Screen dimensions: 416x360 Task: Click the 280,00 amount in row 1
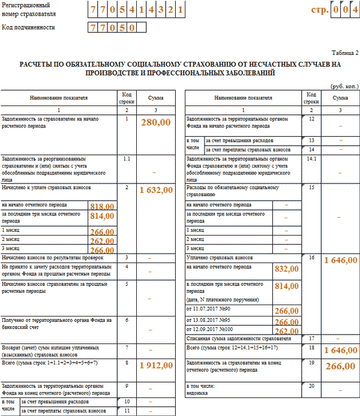tap(156, 122)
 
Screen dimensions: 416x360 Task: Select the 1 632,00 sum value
tap(156, 190)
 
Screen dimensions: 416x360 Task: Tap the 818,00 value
tap(101, 206)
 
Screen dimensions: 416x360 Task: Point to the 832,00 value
tap(286, 270)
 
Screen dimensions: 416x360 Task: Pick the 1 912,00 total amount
tap(156, 365)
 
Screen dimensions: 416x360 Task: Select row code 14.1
tap(311, 159)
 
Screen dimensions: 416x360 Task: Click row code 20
tap(311, 387)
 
